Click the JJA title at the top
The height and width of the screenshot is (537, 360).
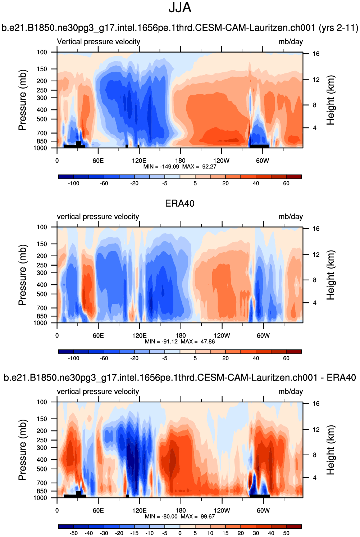click(x=180, y=8)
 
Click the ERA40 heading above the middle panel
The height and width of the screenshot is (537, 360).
click(x=180, y=203)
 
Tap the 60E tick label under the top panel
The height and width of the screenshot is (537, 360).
click(x=98, y=161)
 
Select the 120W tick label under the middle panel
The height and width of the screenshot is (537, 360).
click(x=222, y=335)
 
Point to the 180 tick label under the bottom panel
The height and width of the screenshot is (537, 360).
click(x=181, y=510)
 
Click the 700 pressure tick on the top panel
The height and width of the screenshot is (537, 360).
click(x=42, y=133)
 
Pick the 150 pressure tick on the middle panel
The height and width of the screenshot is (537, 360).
click(x=42, y=244)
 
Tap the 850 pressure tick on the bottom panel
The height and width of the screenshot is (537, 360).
click(x=42, y=491)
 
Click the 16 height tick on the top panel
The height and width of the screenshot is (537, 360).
click(x=316, y=54)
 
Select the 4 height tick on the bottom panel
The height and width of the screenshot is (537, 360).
click(x=315, y=478)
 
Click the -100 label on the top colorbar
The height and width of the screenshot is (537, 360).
click(x=74, y=183)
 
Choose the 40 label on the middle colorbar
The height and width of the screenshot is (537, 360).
click(x=256, y=358)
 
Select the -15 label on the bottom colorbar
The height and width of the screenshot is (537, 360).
click(x=135, y=533)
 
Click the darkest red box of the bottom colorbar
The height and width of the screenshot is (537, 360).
click(x=294, y=526)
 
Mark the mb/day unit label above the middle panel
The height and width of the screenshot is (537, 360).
click(x=291, y=217)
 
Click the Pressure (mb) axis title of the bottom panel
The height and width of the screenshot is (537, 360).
click(x=22, y=450)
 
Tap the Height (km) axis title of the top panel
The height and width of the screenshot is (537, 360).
click(x=331, y=100)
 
